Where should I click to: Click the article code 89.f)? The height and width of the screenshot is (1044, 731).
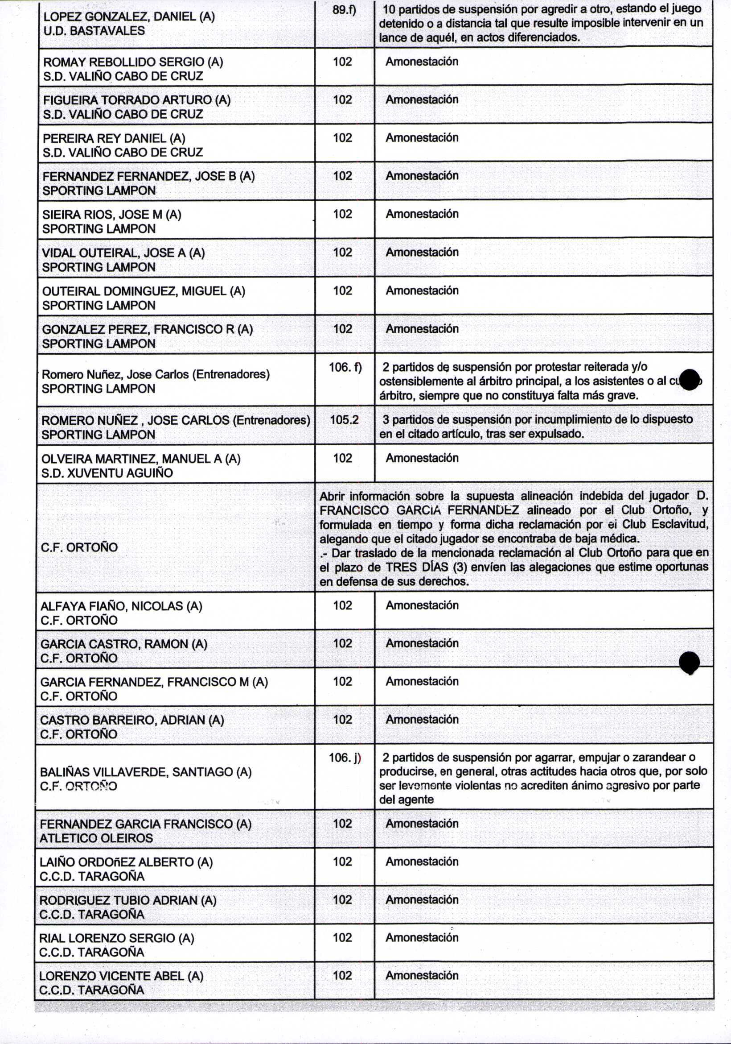[x=344, y=9]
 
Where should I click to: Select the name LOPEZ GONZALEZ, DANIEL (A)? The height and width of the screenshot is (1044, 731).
[x=129, y=17]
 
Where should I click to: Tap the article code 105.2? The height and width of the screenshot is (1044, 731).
[x=344, y=420]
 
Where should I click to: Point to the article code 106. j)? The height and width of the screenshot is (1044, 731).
[x=345, y=758]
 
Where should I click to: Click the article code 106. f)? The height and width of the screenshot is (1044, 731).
[x=345, y=367]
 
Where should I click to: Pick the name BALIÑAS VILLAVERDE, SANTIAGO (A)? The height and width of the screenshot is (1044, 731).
[x=145, y=772]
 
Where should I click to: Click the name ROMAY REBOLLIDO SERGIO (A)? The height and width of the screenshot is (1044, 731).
[x=133, y=62]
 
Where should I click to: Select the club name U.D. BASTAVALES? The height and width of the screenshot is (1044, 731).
[x=94, y=31]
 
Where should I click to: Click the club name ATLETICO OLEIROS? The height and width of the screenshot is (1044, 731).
[x=96, y=838]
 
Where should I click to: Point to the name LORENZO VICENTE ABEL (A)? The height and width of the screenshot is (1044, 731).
[x=121, y=976]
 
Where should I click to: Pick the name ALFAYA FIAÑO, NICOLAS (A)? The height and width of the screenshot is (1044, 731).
[x=121, y=606]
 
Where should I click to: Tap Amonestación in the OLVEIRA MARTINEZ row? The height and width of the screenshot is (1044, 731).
[x=422, y=458]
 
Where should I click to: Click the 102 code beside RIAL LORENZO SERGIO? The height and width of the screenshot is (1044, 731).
[x=342, y=938]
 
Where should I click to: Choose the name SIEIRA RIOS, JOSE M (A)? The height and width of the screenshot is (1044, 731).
[x=112, y=215]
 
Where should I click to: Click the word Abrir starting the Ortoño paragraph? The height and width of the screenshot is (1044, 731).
[x=333, y=496]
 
